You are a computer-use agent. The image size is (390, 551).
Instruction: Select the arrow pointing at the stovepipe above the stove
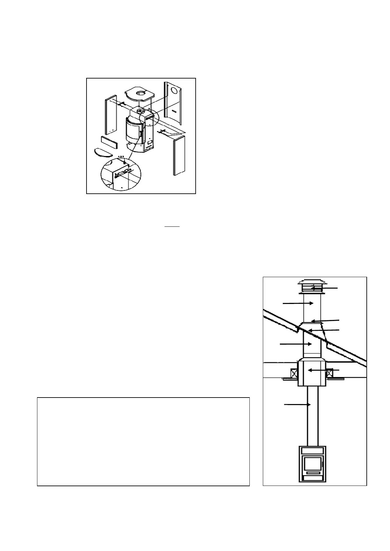pos(297,405)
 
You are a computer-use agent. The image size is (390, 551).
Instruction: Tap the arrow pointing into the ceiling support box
pos(321,370)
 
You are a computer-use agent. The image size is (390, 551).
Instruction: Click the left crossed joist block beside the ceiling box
pos(293,373)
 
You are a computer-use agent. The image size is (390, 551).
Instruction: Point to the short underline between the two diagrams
pos(172,226)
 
